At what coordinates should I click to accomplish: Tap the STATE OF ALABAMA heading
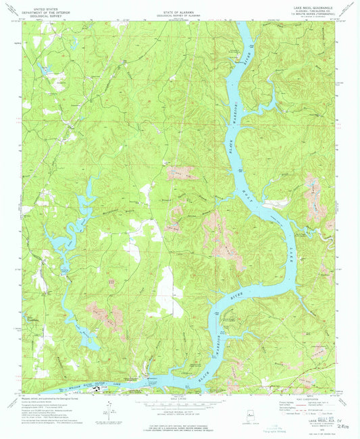pyautogui.click(x=180, y=13)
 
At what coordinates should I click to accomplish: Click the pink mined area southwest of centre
pyautogui.click(x=103, y=314)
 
